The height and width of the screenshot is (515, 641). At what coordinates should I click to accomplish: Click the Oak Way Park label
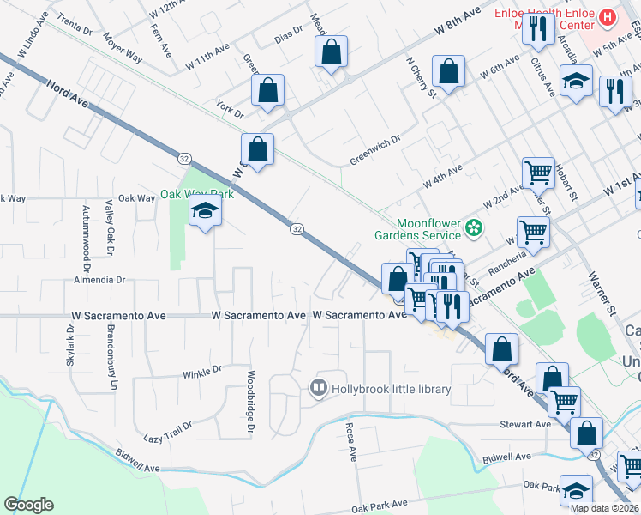point(196,195)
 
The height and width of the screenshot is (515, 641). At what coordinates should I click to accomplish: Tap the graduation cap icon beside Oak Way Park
point(205,210)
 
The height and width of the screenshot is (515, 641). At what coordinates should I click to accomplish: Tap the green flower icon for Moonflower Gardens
point(472,228)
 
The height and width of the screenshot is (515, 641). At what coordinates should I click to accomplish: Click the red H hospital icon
point(608,16)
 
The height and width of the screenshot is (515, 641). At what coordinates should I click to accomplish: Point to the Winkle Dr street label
point(202,370)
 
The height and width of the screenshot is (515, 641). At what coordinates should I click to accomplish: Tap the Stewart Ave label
point(525,424)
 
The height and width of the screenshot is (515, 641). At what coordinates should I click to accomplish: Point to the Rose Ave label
point(350,441)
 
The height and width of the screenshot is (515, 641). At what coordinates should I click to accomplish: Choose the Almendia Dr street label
point(99,280)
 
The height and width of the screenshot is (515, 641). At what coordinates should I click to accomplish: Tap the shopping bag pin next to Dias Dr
point(331,51)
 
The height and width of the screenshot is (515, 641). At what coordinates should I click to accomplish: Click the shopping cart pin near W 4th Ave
point(538,173)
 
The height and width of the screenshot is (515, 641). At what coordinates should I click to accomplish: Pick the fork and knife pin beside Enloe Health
point(538,29)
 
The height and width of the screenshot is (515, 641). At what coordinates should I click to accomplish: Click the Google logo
point(28,505)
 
